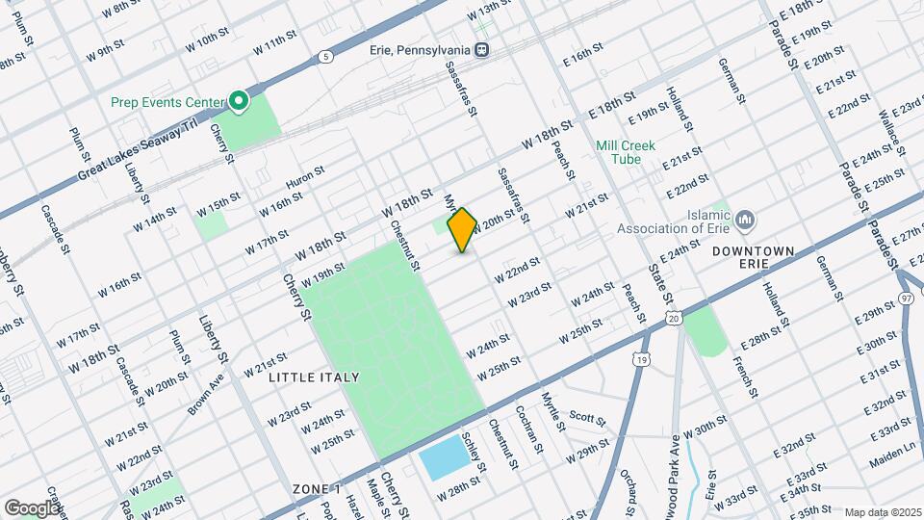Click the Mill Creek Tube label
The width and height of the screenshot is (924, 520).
(x=625, y=151)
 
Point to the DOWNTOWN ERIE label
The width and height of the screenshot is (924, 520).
(x=754, y=259)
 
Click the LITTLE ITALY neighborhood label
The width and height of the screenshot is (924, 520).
(x=315, y=377)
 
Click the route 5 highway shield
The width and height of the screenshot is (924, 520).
(x=327, y=57)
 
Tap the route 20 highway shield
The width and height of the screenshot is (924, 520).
(x=674, y=317)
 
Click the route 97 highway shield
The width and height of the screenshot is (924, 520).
(x=907, y=299)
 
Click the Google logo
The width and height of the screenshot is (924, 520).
(x=31, y=507)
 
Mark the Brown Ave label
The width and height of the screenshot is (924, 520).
(x=206, y=395)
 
